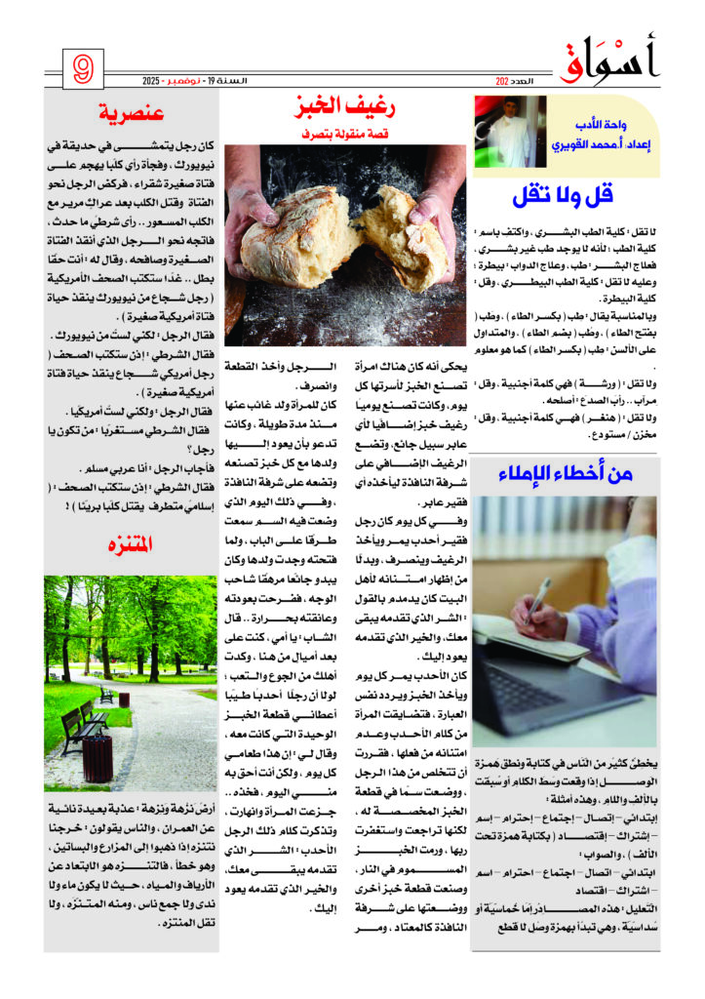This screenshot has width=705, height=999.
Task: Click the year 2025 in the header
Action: tap(175, 80)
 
